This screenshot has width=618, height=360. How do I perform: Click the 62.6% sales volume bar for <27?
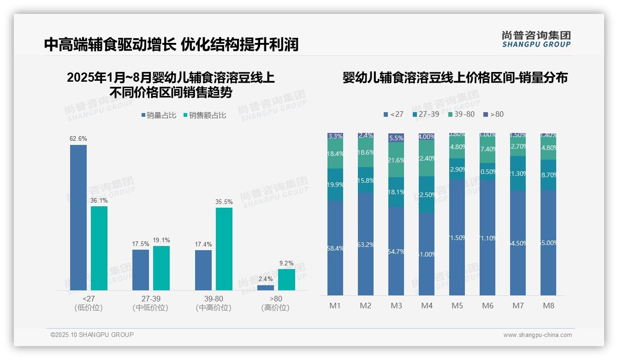click(78, 217)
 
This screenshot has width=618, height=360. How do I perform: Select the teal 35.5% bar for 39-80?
click(224, 249)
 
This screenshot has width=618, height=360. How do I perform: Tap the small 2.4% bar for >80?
click(266, 288)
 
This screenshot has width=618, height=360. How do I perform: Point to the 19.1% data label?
click(161, 240)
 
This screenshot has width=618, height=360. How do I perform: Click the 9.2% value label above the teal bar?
click(286, 263)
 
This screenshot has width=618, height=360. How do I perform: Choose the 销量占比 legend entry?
click(159, 115)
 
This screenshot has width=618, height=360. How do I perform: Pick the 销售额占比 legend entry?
click(205, 115)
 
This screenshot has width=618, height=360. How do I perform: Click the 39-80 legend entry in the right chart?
click(461, 114)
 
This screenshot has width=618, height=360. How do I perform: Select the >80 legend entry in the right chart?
click(493, 114)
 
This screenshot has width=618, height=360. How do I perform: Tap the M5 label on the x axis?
click(457, 306)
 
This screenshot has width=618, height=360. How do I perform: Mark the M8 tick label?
click(548, 306)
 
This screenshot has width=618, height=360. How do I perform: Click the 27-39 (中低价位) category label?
click(150, 303)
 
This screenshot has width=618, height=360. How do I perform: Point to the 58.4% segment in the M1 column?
click(335, 248)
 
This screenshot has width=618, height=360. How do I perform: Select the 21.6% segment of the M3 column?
click(396, 160)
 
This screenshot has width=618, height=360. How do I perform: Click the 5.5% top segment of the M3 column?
click(396, 138)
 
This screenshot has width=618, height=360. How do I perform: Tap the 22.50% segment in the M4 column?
click(427, 194)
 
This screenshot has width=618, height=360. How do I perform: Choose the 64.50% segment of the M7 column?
click(518, 243)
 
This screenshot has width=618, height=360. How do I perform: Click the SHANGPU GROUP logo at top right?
click(536, 39)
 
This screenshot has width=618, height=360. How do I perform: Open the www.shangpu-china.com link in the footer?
click(537, 335)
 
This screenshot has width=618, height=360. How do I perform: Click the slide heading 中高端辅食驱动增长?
click(110, 44)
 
